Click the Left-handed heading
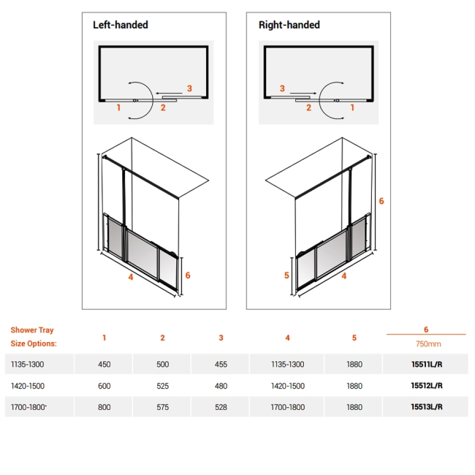pyautogui.click(x=120, y=25)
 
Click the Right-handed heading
pyautogui.click(x=289, y=25)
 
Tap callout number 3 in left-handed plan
pyautogui.click(x=189, y=88)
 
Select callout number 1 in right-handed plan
pyautogui.click(x=352, y=107)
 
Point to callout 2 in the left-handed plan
pyautogui.click(x=163, y=108)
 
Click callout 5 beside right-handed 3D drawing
pyautogui.click(x=286, y=275)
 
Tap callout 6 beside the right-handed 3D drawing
pyautogui.click(x=381, y=200)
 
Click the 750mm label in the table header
pyautogui.click(x=425, y=343)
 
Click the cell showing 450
pyautogui.click(x=104, y=364)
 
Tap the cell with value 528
pyautogui.click(x=221, y=407)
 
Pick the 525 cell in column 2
pyautogui.click(x=162, y=385)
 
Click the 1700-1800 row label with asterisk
pyautogui.click(x=31, y=407)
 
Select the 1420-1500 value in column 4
pyautogui.click(x=287, y=385)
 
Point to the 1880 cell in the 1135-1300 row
pyautogui.click(x=354, y=364)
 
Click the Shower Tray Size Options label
pyautogui.click(x=33, y=337)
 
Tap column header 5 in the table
pyautogui.click(x=354, y=338)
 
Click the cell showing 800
pyautogui.click(x=104, y=407)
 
